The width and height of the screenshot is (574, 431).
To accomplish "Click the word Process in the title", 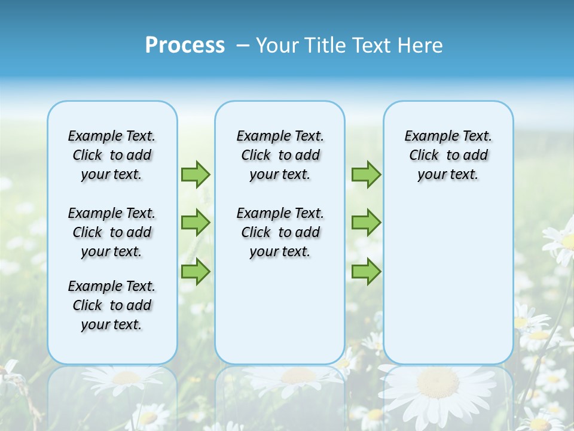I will click(185, 45).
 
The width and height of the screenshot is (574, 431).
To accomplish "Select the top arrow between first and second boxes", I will click(196, 174).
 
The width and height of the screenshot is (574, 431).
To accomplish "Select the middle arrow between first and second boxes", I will click(196, 223).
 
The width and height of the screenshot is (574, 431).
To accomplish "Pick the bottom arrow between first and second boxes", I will click(196, 272).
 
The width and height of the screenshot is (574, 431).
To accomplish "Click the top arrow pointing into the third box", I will click(366, 174).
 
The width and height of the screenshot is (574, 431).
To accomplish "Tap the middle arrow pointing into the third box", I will click(366, 223).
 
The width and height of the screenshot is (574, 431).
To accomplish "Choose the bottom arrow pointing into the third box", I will click(366, 272).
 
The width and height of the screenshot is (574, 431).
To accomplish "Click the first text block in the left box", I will click(112, 155).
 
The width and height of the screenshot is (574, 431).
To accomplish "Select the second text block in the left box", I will click(112, 232).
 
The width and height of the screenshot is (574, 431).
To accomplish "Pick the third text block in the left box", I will click(112, 305).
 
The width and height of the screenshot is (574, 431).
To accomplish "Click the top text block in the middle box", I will click(280, 155).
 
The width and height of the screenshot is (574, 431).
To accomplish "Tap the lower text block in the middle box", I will click(280, 232).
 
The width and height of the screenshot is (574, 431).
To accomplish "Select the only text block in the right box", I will click(448, 155).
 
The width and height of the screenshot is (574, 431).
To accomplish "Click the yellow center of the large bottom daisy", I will click(437, 383).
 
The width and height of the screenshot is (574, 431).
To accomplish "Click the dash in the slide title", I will click(243, 46).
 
